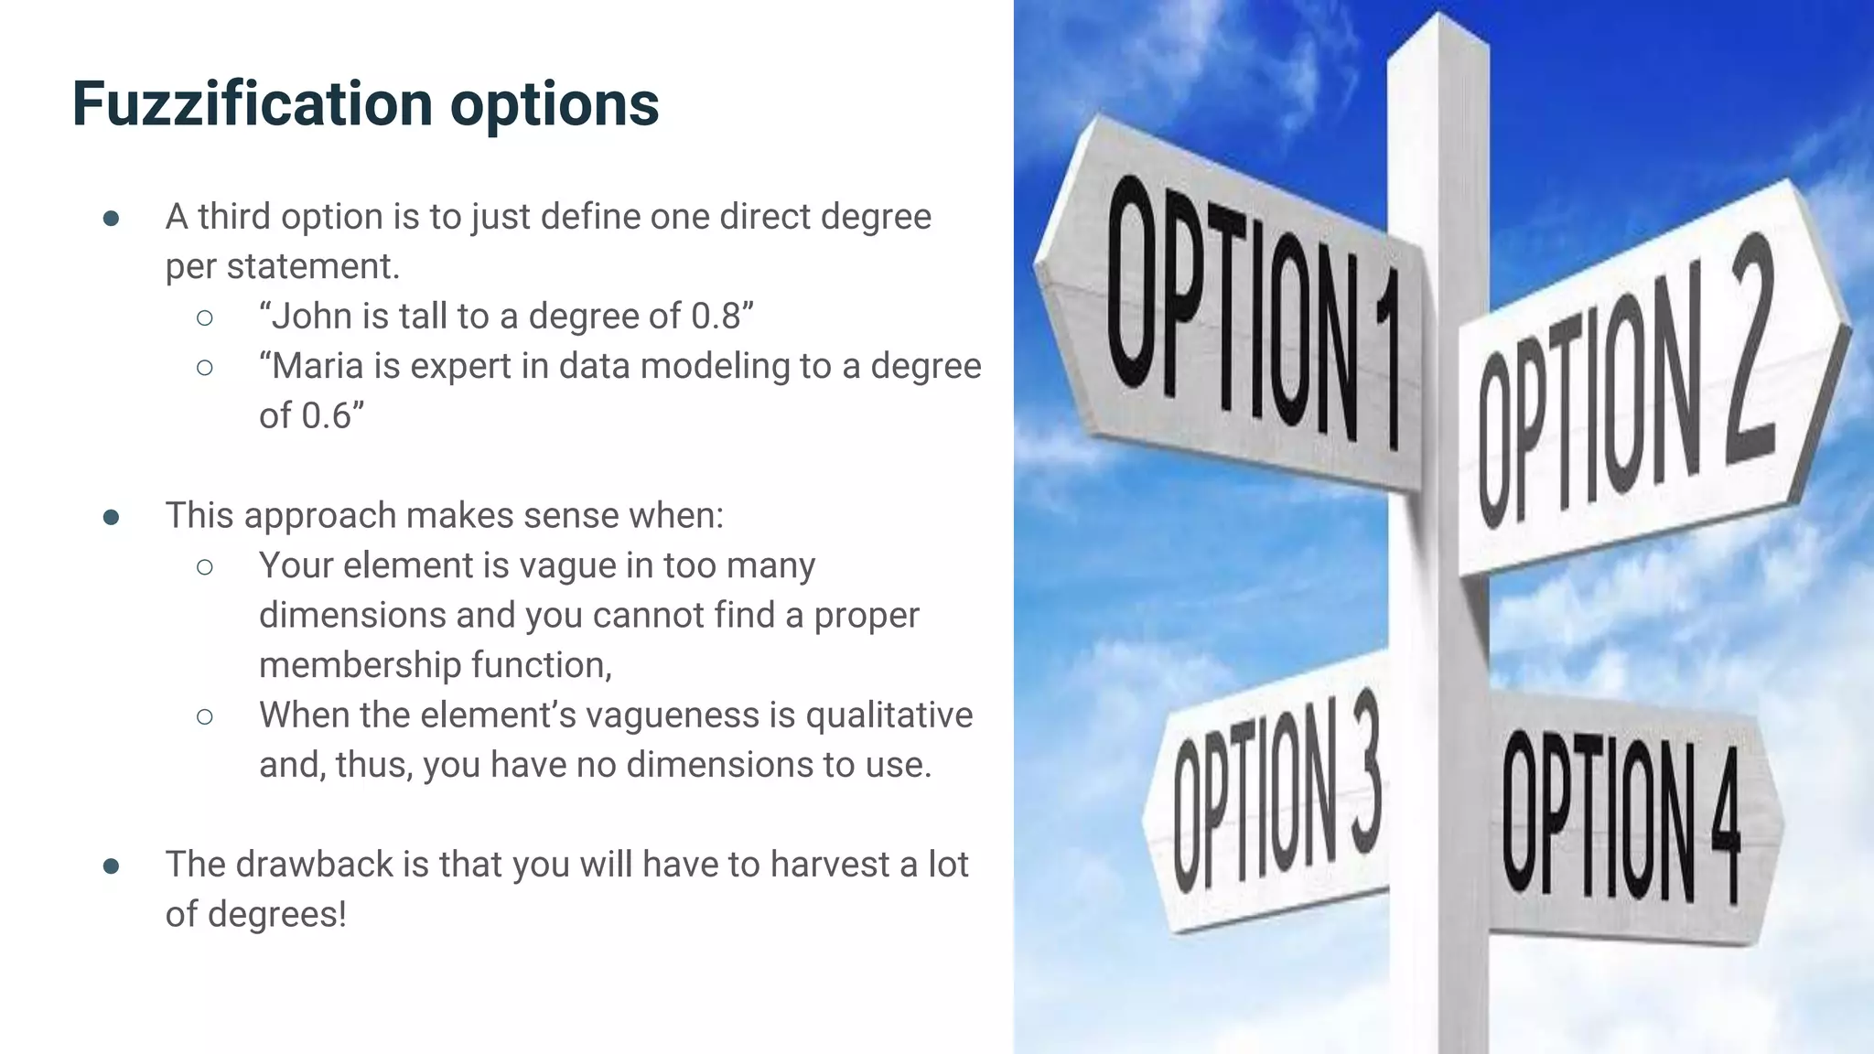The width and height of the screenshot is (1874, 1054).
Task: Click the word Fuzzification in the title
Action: (252, 102)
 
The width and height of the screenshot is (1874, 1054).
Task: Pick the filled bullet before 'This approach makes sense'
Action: (112, 518)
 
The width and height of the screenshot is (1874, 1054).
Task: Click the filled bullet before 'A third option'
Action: (112, 219)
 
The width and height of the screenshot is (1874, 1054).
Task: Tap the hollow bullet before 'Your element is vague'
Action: (205, 567)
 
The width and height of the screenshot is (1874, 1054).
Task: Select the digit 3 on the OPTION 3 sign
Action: (1363, 773)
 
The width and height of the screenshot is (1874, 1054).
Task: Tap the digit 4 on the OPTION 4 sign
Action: (1726, 828)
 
